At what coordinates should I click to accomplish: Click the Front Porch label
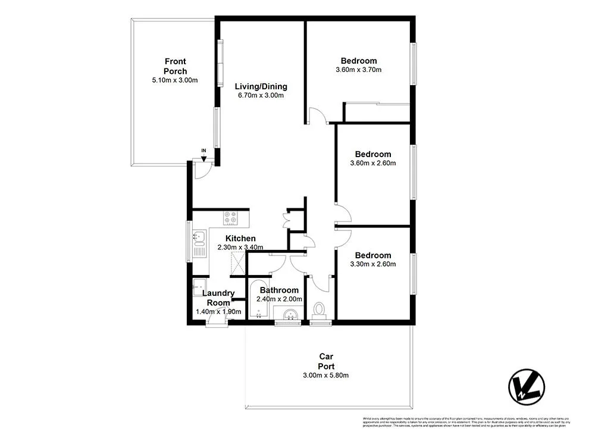(x=175, y=66)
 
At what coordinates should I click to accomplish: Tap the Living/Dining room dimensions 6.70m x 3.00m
(x=261, y=95)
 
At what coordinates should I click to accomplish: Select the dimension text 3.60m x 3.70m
(x=358, y=70)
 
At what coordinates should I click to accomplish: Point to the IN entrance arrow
(x=203, y=154)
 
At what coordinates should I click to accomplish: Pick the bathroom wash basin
(x=290, y=314)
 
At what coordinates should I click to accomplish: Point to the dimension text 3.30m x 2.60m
(x=374, y=264)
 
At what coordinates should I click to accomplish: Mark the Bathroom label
(x=279, y=290)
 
